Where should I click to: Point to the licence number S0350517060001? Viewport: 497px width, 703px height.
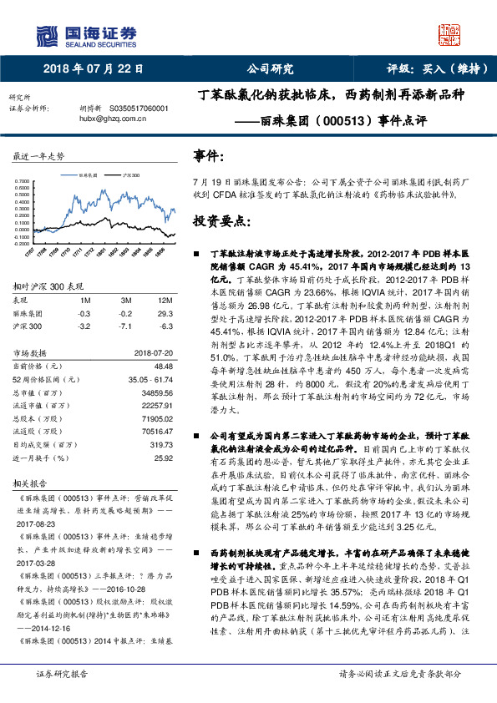[139, 109]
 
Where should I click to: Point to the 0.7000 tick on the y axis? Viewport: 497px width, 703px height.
[25, 180]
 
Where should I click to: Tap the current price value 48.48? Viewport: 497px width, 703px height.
[163, 366]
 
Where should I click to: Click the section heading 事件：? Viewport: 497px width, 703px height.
[208, 156]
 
